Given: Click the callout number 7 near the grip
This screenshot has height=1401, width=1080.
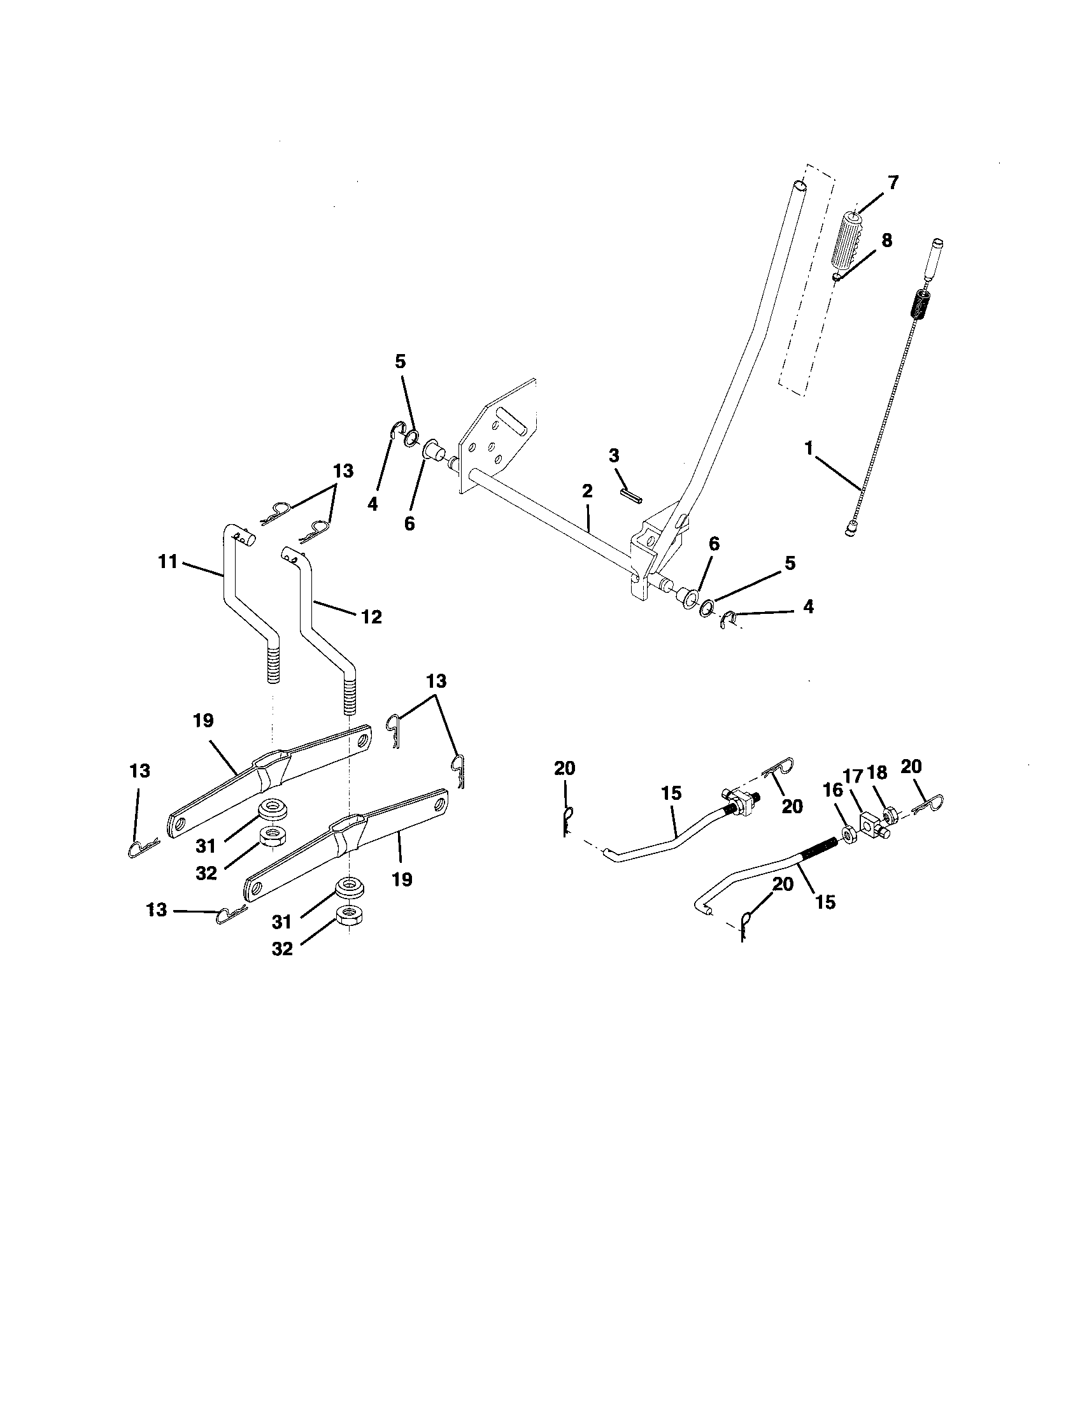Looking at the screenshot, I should pos(893,182).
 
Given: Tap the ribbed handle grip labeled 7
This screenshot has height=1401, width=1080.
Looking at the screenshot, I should pos(849,241).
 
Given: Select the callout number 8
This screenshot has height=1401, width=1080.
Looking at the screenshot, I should pos(886,241).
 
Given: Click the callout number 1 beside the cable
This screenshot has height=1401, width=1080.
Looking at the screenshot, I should pos(810,448).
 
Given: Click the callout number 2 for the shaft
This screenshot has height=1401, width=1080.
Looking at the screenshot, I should pos(588,492).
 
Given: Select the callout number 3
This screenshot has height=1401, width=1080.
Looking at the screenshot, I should pos(614,456).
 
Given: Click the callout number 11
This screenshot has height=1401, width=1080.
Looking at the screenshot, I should pos(167,562).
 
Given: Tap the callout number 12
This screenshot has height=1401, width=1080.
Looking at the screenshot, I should pos(371,617).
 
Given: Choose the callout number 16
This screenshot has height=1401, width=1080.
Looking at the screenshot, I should pos(832,790).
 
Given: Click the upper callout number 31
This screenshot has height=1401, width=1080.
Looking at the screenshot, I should pos(206,847).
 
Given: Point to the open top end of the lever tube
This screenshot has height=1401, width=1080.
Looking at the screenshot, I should pos(799,186).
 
